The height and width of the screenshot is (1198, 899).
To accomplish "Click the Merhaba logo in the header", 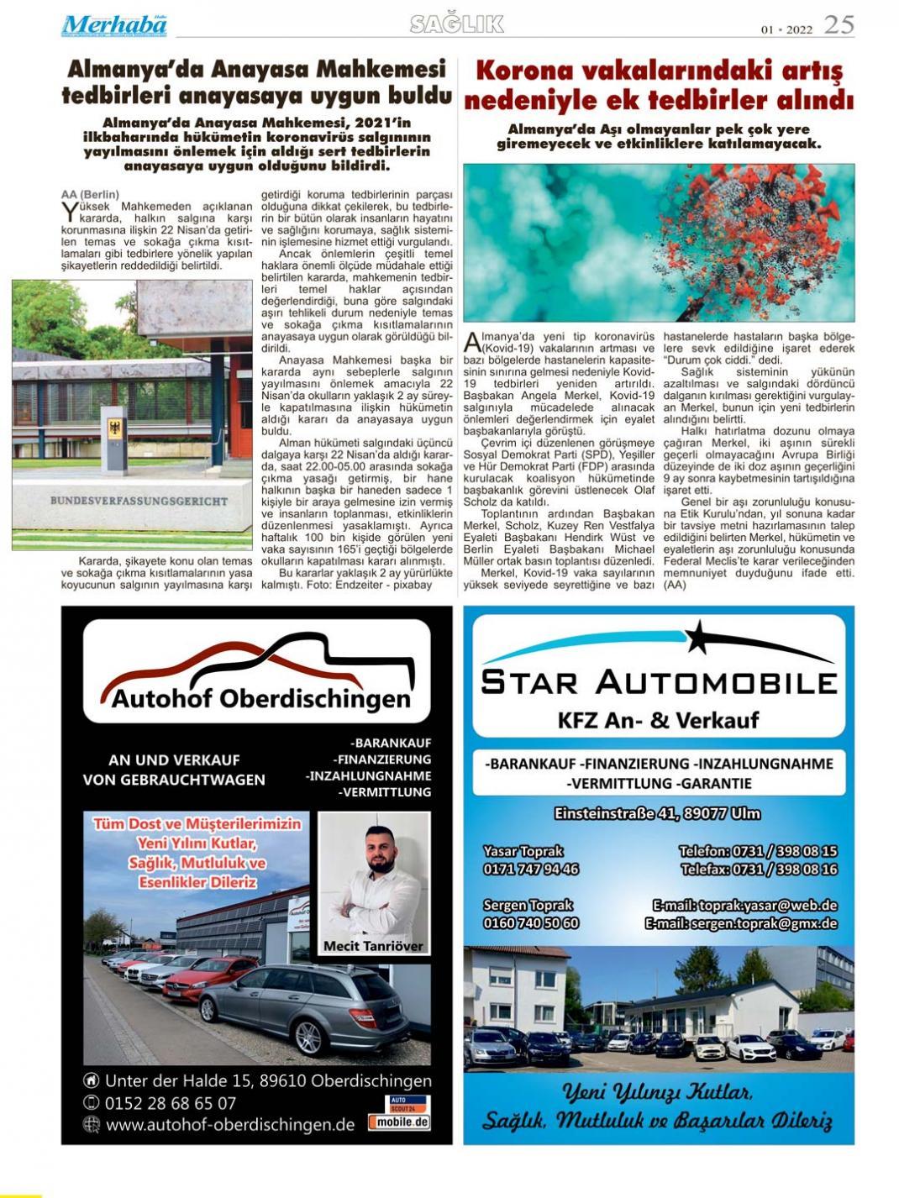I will click(113, 25).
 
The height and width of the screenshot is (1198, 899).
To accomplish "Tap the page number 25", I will click(839, 25).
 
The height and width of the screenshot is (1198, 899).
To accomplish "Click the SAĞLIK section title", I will click(457, 24).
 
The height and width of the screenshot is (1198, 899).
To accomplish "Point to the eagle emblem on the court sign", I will click(115, 428).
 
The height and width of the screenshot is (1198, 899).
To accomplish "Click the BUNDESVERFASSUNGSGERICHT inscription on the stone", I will click(139, 501).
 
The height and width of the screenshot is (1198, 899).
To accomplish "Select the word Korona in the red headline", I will click(524, 70).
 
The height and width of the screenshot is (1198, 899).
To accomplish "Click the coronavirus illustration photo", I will click(659, 242).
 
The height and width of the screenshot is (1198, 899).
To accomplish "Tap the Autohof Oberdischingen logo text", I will click(260, 698).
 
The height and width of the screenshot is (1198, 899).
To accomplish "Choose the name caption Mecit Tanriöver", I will click(373, 946).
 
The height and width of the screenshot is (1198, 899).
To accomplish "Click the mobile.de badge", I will click(400, 1122).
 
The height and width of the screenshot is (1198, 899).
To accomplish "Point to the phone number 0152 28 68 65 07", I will click(171, 1103).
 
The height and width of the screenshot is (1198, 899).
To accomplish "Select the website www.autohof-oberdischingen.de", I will click(230, 1125).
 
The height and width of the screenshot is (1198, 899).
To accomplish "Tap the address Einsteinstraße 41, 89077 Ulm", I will click(657, 813).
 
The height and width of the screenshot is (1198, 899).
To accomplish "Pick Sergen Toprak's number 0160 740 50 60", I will click(531, 922).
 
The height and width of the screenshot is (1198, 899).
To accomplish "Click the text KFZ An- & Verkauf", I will click(658, 720).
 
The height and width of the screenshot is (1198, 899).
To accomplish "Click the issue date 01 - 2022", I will click(787, 29).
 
